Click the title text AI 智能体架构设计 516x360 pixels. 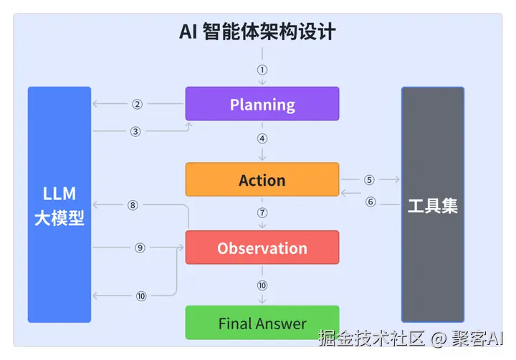pyautogui.click(x=257, y=32)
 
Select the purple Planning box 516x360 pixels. pyautogui.click(x=262, y=104)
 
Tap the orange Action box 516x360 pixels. pyautogui.click(x=262, y=180)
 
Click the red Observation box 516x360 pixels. pyautogui.click(x=262, y=248)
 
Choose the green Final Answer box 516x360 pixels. pyautogui.click(x=262, y=323)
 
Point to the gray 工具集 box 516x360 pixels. pyautogui.click(x=433, y=206)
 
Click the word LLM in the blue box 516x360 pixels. pyautogui.click(x=59, y=194)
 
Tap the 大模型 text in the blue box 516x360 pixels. pyautogui.click(x=59, y=218)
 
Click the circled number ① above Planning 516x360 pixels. pyautogui.click(x=262, y=70)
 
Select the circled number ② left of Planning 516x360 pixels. pyautogui.click(x=137, y=104)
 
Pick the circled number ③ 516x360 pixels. pyautogui.click(x=135, y=131)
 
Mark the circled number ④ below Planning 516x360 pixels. pyautogui.click(x=262, y=138)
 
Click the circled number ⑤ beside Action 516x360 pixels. pyautogui.click(x=369, y=180)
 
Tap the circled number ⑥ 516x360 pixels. pyautogui.click(x=371, y=202)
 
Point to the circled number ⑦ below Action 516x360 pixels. pyautogui.click(x=262, y=213)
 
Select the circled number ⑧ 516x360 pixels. pyautogui.click(x=133, y=205)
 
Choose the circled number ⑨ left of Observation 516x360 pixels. pyautogui.click(x=140, y=247)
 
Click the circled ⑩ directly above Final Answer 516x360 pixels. pyautogui.click(x=262, y=285)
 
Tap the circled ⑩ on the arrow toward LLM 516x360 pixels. pyautogui.click(x=141, y=295)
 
